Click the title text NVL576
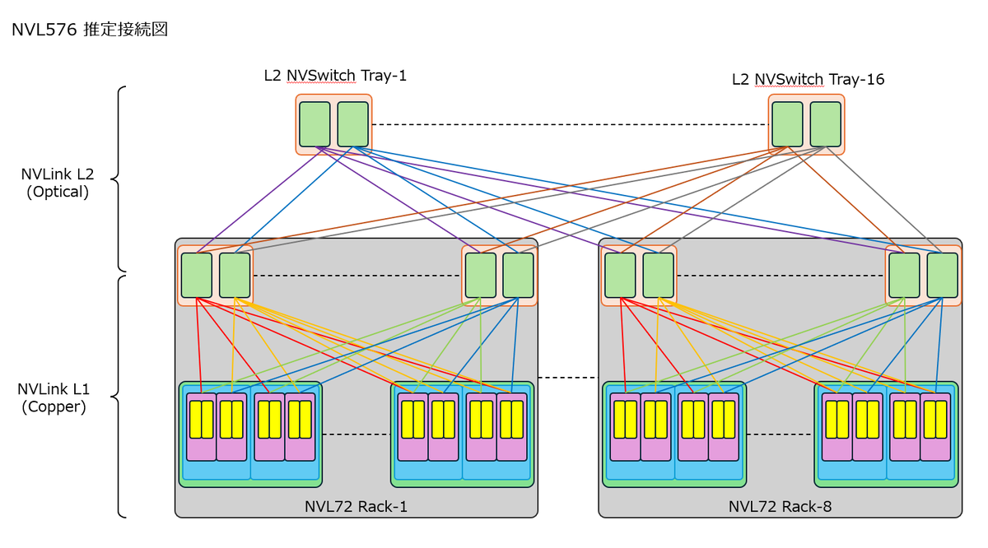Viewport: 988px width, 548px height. pos(44,30)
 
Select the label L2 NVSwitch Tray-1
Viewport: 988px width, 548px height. pos(335,76)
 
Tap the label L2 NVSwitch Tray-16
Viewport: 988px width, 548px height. pos(808,79)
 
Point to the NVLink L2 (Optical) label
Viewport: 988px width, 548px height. pos(58,183)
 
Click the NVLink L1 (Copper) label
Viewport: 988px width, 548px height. pos(54,397)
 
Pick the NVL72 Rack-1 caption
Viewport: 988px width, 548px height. pos(356,507)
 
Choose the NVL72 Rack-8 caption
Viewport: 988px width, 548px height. pos(780,507)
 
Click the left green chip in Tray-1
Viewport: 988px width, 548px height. pos(315,124)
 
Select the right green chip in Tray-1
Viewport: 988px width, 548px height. pos(353,124)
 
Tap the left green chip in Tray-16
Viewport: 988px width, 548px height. pos(787,124)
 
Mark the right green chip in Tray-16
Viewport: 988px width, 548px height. pos(826,124)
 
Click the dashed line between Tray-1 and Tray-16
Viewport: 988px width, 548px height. pos(571,124)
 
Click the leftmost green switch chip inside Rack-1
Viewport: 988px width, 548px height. pos(197,275)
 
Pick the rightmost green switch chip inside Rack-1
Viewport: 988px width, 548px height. pos(518,275)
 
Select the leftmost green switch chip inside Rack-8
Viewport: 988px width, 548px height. pos(620,275)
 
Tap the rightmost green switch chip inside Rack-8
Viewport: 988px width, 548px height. pos(943,275)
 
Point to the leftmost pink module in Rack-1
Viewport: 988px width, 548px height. pos(202,427)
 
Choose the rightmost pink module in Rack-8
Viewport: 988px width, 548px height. pos(935,427)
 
